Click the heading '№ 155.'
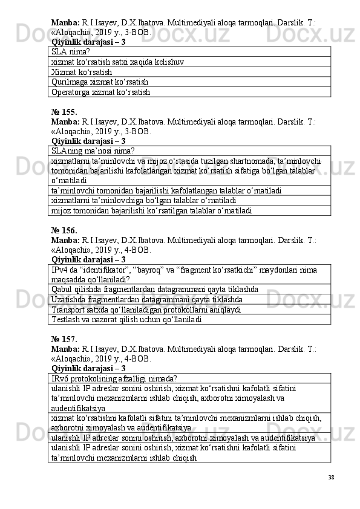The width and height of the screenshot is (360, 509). [64, 112]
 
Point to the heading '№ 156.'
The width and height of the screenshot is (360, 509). [64, 230]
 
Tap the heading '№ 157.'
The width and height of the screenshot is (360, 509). [64, 339]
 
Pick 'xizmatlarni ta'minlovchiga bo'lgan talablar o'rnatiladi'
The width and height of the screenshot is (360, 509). [144, 200]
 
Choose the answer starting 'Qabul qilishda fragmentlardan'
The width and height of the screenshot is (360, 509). [155, 289]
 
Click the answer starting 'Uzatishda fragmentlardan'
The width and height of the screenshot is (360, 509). [148, 299]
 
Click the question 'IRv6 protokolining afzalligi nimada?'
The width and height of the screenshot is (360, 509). [114, 378]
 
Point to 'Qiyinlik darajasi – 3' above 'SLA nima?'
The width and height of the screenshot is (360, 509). [88, 42]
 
